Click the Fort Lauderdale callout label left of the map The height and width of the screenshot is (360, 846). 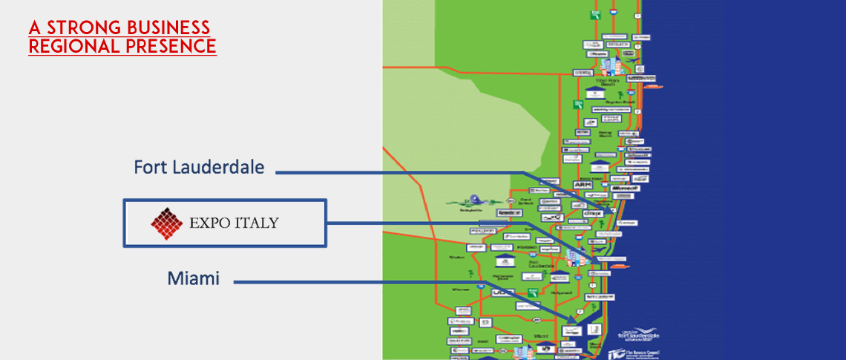(199, 167)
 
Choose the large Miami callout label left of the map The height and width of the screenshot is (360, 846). (193, 278)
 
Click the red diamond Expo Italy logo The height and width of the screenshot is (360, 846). (167, 222)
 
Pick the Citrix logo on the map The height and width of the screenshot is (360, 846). (591, 213)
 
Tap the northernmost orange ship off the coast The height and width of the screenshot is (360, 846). (652, 87)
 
